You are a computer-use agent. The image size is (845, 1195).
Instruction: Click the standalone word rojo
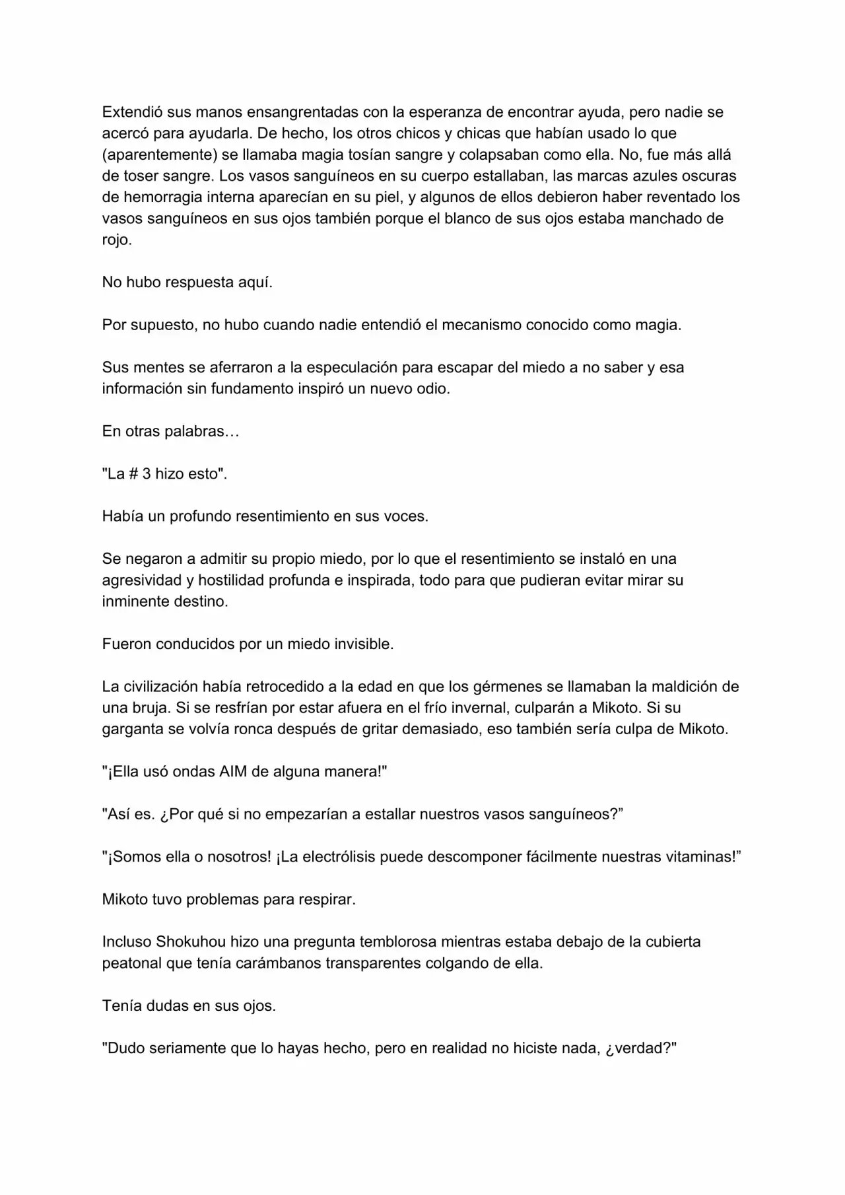pyautogui.click(x=116, y=240)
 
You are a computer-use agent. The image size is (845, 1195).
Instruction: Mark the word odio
pyautogui.click(x=433, y=389)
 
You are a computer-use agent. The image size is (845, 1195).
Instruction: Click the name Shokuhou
pyautogui.click(x=188, y=942)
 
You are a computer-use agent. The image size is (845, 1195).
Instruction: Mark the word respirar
pyautogui.click(x=323, y=900)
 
